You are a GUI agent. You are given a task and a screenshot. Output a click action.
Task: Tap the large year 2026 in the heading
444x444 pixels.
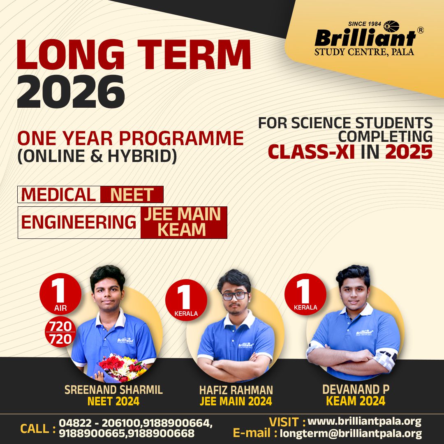click(x=71, y=92)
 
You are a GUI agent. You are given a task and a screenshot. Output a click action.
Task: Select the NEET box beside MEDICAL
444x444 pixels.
click(x=132, y=194)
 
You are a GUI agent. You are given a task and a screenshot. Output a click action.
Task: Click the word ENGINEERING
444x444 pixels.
click(x=79, y=222)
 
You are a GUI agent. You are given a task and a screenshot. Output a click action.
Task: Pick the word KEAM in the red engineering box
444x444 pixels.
click(x=182, y=230)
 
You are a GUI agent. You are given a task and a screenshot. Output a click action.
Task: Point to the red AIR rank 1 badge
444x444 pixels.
click(x=60, y=294)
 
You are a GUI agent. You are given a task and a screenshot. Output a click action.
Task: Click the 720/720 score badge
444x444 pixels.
click(x=60, y=333)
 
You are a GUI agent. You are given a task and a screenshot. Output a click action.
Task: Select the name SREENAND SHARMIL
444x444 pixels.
click(x=113, y=390)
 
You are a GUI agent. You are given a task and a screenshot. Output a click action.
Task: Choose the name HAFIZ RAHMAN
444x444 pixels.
click(x=236, y=390)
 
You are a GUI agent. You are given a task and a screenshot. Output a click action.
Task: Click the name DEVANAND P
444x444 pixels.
click(x=356, y=390)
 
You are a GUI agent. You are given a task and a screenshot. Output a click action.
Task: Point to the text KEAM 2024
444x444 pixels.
click(x=356, y=401)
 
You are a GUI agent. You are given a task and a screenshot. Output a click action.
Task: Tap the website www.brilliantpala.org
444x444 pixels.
click(x=364, y=421)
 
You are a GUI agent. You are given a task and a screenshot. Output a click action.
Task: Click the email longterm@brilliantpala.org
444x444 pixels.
click(x=351, y=433)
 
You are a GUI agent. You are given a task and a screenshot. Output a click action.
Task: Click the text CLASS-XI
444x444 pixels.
click(x=311, y=152)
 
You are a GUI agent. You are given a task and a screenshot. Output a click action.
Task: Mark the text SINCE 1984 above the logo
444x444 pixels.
click(x=364, y=24)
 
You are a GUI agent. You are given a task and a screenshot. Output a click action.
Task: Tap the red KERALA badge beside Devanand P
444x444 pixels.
click(x=305, y=294)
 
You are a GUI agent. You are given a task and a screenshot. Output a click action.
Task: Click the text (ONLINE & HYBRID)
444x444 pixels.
click(x=97, y=156)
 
